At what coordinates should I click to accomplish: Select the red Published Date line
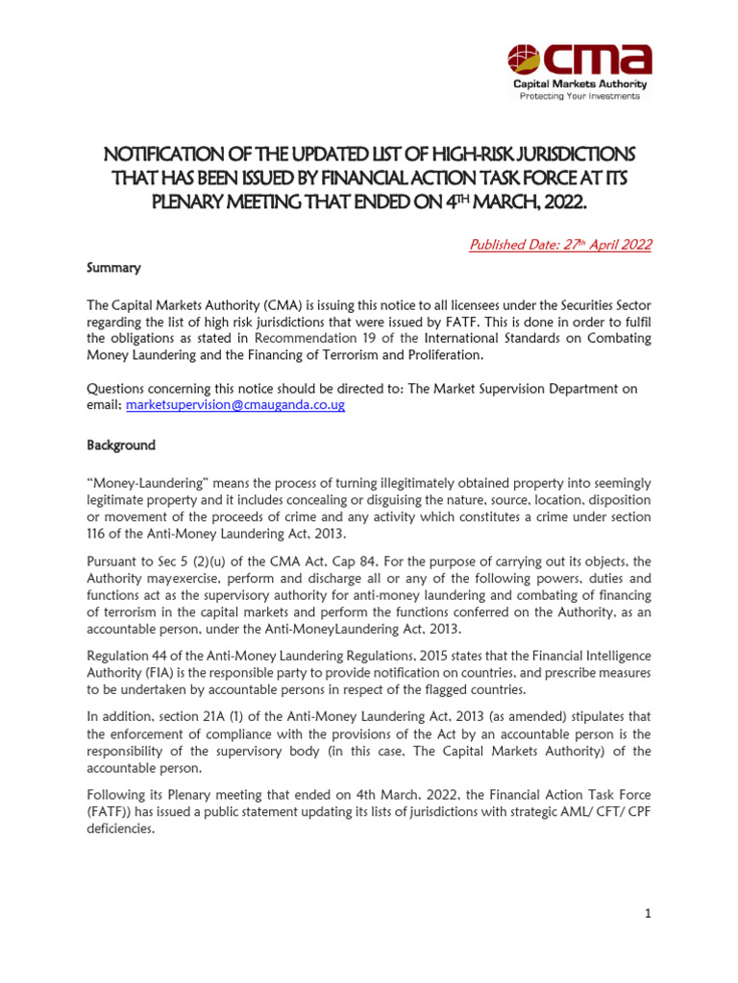559,245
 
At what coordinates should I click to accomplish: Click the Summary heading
114,267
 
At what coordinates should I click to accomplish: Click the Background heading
121,446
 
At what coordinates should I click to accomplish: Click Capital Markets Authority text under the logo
572,84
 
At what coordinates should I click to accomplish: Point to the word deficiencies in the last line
121,829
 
